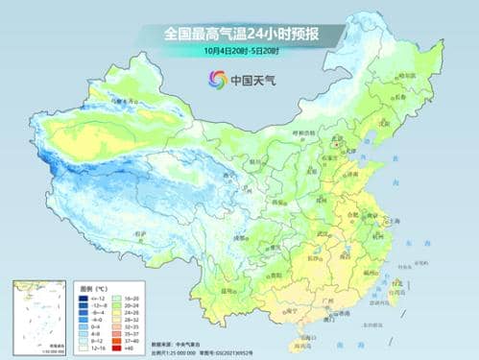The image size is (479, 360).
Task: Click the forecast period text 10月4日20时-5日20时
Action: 240,49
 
